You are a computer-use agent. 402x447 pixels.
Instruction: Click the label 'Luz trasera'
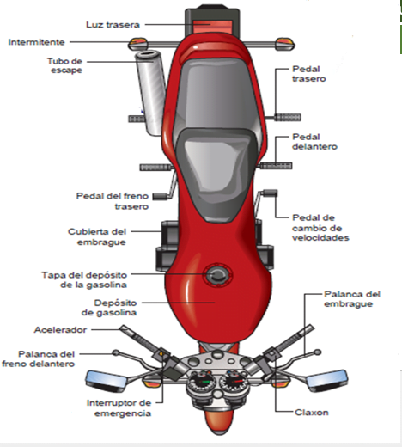click(113, 25)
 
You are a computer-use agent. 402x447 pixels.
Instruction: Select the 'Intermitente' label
click(36, 42)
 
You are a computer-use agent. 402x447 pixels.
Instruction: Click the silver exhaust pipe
click(149, 92)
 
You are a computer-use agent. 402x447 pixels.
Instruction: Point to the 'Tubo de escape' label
click(64, 65)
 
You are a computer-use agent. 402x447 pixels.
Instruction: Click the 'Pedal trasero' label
click(309, 74)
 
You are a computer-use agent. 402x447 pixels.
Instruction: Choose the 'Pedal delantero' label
click(314, 142)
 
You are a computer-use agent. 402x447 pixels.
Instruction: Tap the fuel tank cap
click(217, 275)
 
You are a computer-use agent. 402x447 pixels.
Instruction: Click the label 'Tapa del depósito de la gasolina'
click(84, 279)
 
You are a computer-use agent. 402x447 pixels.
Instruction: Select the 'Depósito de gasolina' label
click(109, 308)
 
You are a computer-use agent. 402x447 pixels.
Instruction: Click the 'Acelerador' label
click(60, 330)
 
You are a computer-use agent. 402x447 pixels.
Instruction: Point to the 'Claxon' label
click(312, 413)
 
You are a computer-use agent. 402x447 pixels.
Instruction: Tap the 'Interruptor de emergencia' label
click(119, 407)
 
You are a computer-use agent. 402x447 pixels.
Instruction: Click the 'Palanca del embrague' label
click(352, 299)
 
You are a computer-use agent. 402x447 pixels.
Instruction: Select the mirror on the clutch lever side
click(327, 381)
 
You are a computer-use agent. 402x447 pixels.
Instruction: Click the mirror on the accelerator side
click(107, 381)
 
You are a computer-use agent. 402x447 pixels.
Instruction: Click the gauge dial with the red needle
click(235, 381)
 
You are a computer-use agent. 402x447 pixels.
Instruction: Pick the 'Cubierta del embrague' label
click(97, 236)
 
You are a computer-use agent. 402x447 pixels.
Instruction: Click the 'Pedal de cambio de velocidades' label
click(320, 228)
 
